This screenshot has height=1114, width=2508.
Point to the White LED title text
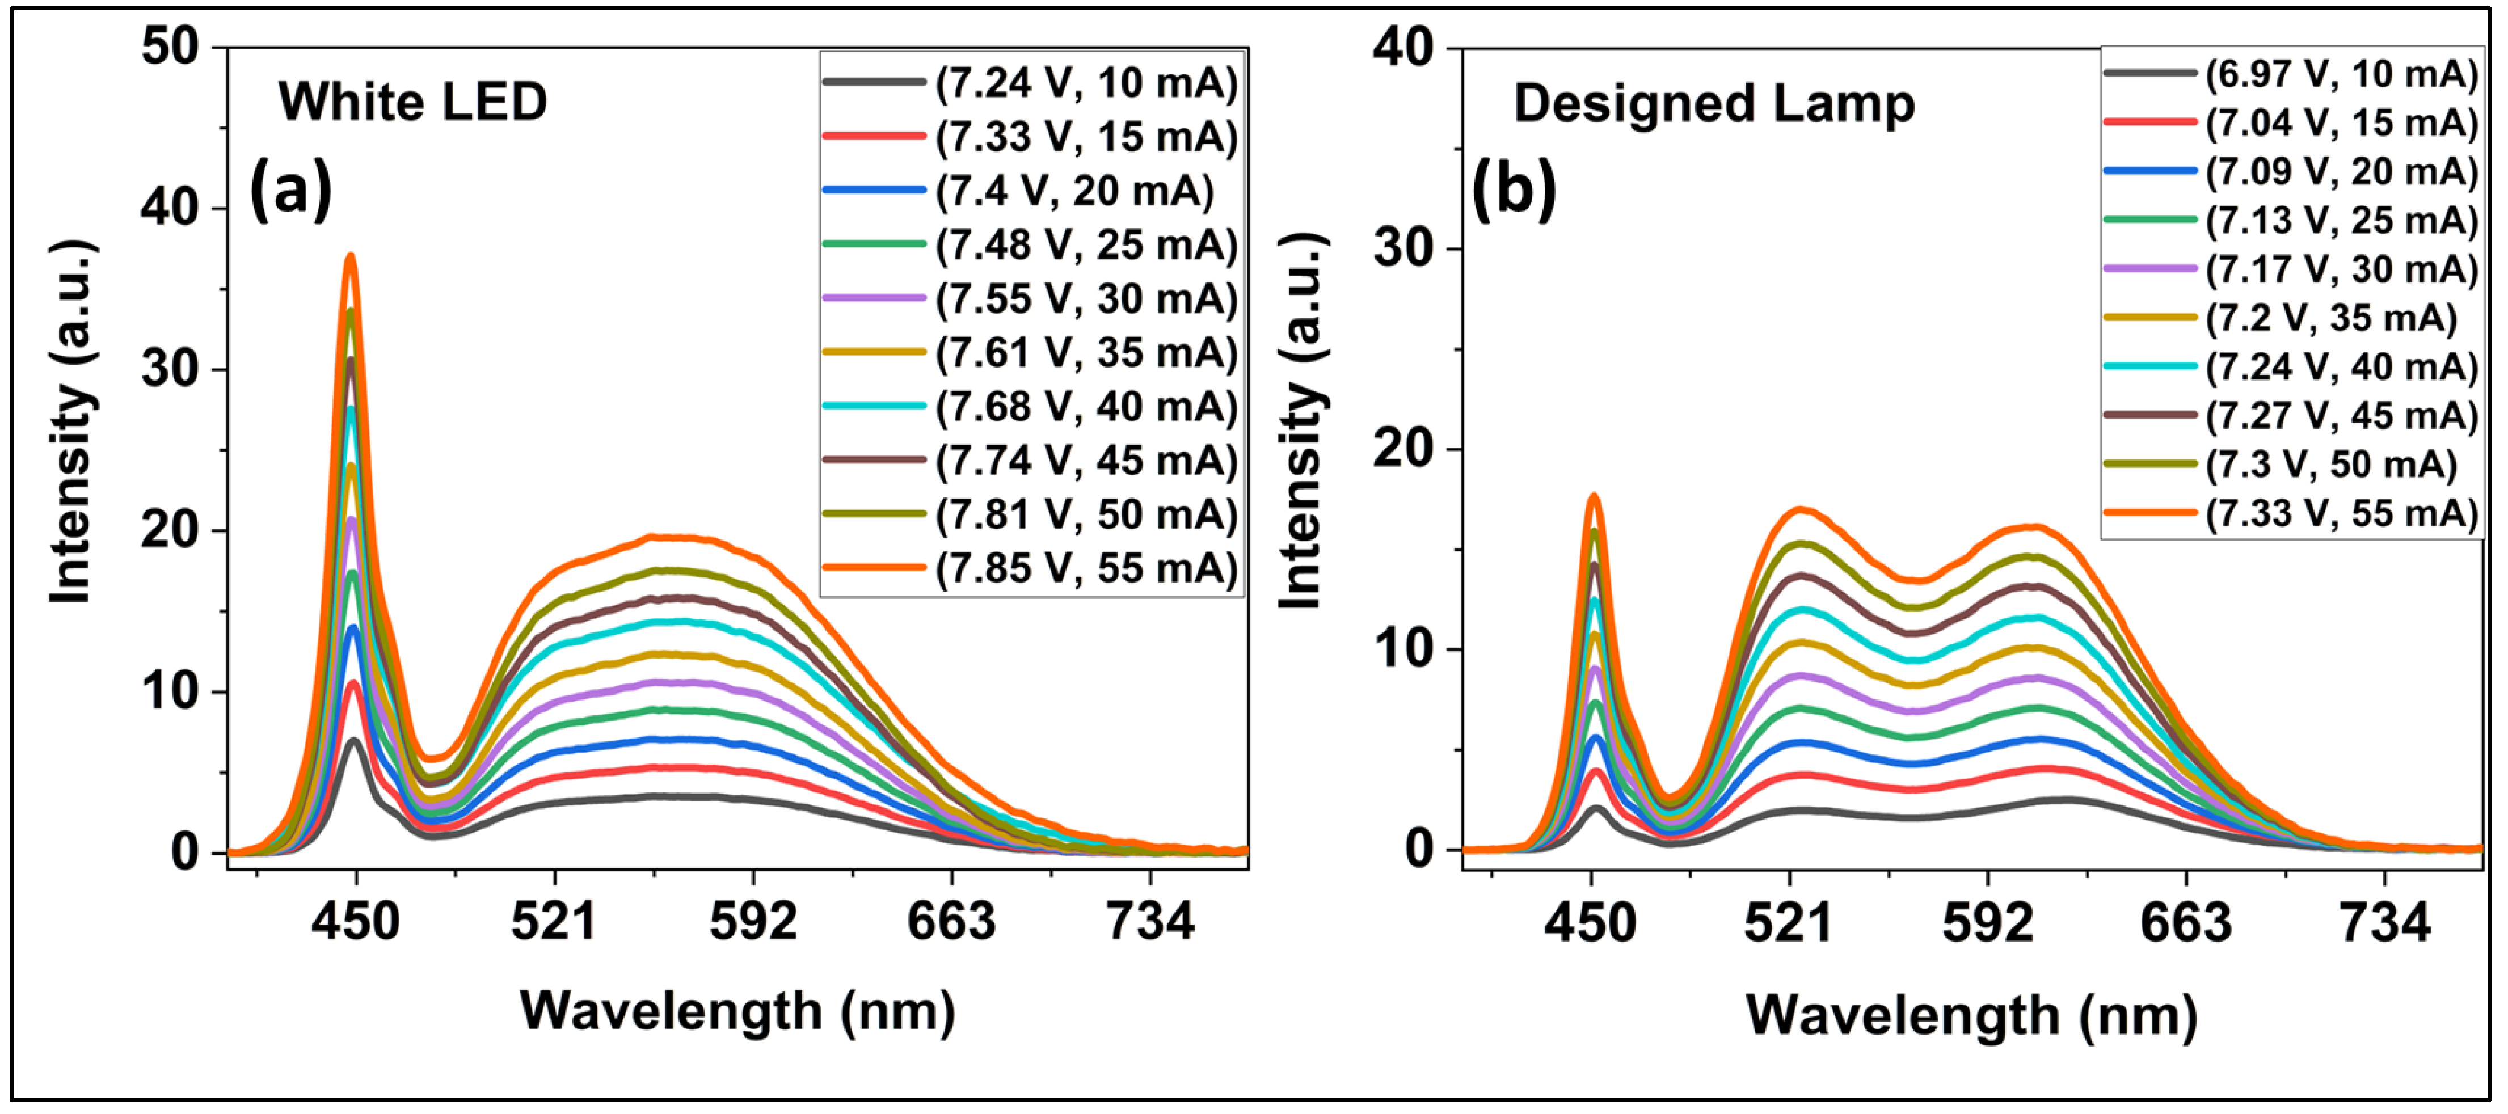click(413, 102)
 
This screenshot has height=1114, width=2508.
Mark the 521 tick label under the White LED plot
click(554, 921)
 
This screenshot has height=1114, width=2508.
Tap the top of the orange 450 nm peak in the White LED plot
click(351, 256)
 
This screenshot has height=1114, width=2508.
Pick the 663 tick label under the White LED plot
click(951, 921)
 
